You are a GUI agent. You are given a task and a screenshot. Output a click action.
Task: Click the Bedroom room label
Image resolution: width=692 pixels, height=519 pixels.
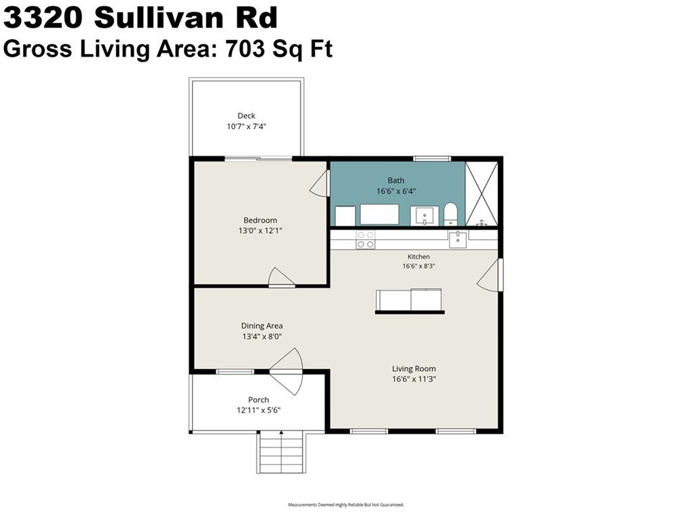pos(260,220)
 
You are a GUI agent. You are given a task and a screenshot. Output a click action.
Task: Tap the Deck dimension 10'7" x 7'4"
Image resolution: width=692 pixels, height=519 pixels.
pos(247,126)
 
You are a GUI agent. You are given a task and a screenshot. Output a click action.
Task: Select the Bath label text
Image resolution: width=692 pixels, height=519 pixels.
pos(396,180)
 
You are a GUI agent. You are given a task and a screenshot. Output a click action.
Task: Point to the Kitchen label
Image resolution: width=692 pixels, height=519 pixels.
pos(418,256)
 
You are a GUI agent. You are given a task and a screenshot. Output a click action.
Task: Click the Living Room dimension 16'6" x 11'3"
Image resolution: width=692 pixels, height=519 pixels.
pos(414,379)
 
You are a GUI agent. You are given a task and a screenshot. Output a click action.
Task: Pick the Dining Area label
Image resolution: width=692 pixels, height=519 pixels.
pos(262,326)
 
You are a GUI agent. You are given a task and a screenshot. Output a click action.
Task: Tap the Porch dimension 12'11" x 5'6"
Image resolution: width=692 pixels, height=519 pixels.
pos(259,410)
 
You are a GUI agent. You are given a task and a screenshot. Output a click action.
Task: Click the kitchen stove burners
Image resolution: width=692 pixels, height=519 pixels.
pos(366,240)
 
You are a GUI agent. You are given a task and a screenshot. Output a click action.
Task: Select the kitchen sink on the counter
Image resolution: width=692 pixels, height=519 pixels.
pos(458,240)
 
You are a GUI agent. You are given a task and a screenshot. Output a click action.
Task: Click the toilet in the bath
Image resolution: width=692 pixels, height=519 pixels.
pos(451,214)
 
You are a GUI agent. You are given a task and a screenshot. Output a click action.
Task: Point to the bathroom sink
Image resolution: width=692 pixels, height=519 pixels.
pos(424,216)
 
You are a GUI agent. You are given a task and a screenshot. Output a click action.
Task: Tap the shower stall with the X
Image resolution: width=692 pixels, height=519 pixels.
pos(482,194)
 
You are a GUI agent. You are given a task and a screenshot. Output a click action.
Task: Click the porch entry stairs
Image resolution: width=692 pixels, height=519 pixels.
pos(280,451)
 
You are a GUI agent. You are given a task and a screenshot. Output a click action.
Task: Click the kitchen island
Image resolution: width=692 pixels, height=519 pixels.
pos(410,301)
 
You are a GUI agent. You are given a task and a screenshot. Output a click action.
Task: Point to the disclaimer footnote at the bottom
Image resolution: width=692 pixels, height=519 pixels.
pos(346,504)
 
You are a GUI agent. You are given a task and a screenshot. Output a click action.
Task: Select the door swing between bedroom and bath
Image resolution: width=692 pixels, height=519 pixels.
pos(320,184)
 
